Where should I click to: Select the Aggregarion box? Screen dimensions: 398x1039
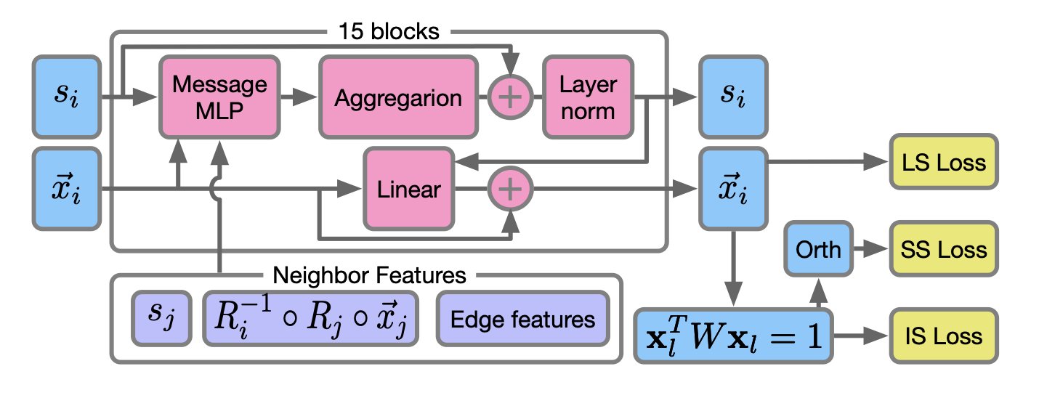click(398, 97)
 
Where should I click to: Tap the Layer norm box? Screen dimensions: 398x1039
click(587, 97)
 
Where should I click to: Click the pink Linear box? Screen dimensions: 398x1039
click(409, 190)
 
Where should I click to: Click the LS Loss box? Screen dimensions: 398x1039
click(944, 162)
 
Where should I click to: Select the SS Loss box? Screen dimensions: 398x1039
click(944, 249)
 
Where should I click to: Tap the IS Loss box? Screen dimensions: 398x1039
click(944, 336)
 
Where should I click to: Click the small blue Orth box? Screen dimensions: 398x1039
click(818, 249)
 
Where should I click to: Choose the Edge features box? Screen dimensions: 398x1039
click(522, 319)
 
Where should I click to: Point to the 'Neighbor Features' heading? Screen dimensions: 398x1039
click(368, 275)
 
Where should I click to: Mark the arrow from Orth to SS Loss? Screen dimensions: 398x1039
click(869, 249)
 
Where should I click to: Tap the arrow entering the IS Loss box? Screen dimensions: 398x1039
click(860, 336)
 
